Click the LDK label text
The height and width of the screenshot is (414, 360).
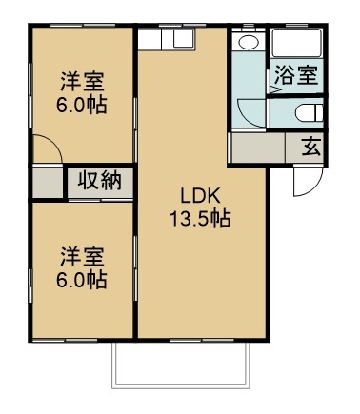[x=200, y=196]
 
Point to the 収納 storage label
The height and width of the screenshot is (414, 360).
[x=99, y=181]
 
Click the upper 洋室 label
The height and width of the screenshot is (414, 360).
[x=81, y=81]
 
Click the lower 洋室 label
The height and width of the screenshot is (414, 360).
[x=81, y=256]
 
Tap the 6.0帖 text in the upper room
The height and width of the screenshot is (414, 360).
[x=81, y=103]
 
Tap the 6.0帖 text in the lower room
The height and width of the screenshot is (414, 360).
[x=81, y=279]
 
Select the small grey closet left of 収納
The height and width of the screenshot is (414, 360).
[x=46, y=182]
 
